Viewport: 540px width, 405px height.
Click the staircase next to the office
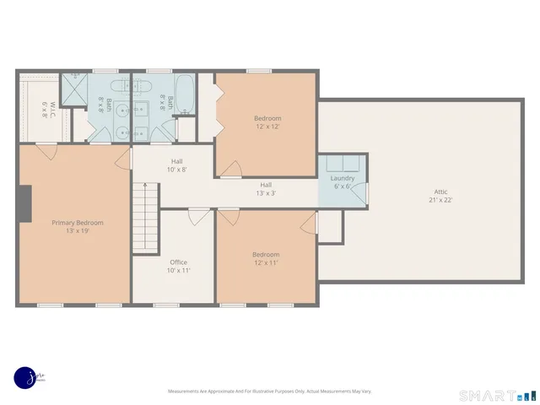pos(146,219)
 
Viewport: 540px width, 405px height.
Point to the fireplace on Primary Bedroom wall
pos(24,202)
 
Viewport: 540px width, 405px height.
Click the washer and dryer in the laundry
pos(342,163)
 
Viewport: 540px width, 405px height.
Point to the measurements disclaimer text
pos(269,391)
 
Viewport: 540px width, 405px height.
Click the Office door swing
pos(200,217)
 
